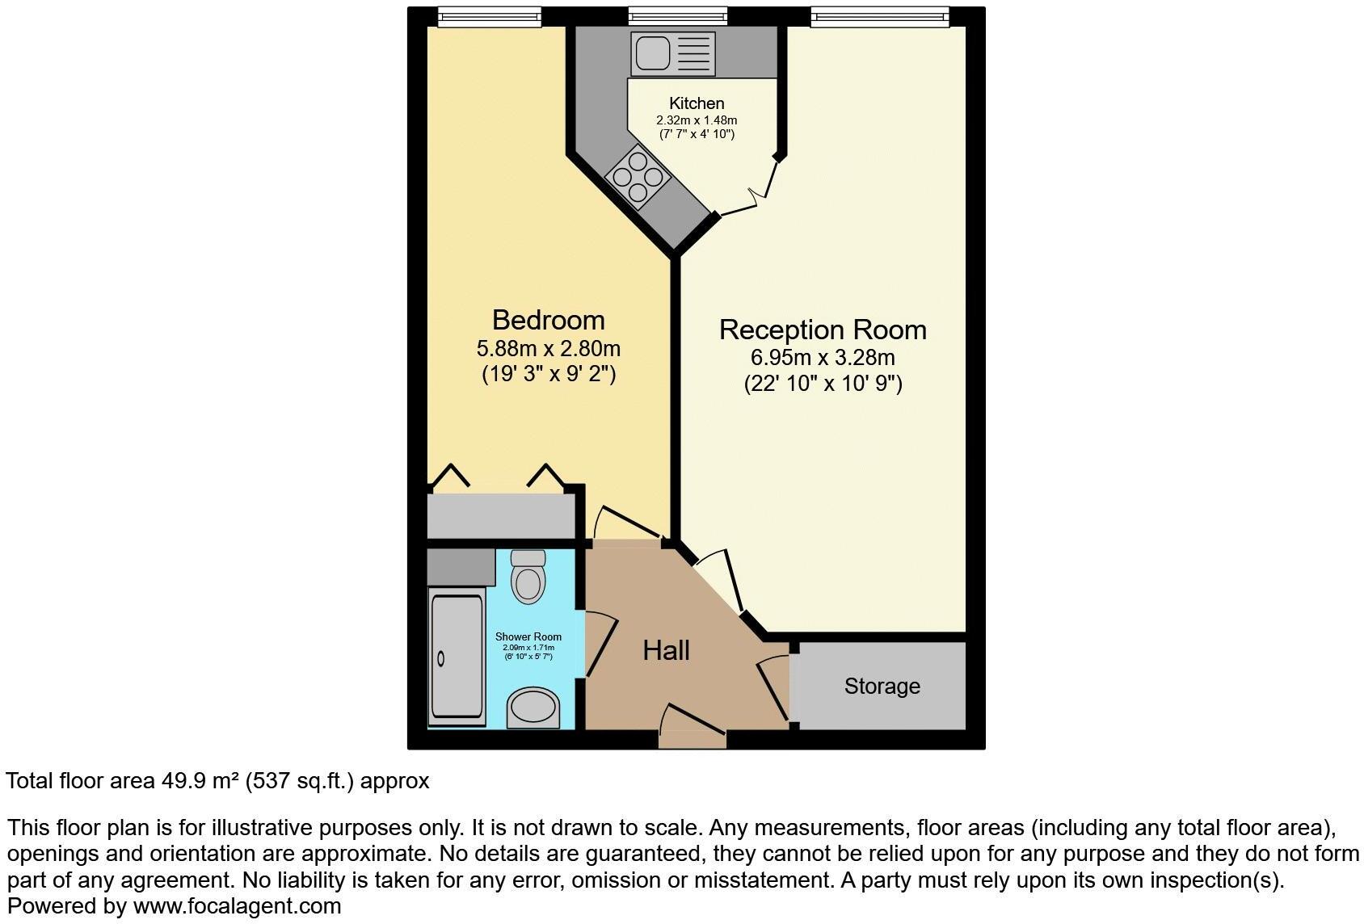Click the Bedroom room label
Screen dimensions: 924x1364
pyautogui.click(x=548, y=320)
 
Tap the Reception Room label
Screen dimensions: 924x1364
pyautogui.click(x=823, y=330)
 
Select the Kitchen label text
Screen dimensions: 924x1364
pyautogui.click(x=697, y=103)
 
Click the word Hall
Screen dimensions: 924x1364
pyautogui.click(x=666, y=650)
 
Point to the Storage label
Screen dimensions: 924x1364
pyautogui.click(x=882, y=686)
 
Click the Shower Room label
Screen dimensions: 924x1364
pyautogui.click(x=528, y=636)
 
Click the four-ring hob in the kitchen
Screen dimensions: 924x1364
pyautogui.click(x=638, y=176)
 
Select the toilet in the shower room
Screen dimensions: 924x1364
pyautogui.click(x=528, y=577)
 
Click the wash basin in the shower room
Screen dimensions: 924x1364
pyautogui.click(x=533, y=708)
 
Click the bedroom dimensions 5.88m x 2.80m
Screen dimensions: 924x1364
pyautogui.click(x=548, y=349)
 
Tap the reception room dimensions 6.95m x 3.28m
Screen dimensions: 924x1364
pyautogui.click(x=823, y=357)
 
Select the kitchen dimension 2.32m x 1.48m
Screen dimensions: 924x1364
pyautogui.click(x=697, y=120)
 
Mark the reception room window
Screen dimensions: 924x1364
pyautogui.click(x=880, y=16)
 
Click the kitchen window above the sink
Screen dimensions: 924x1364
pyautogui.click(x=677, y=16)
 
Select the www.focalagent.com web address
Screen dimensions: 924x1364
pyautogui.click(x=237, y=906)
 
